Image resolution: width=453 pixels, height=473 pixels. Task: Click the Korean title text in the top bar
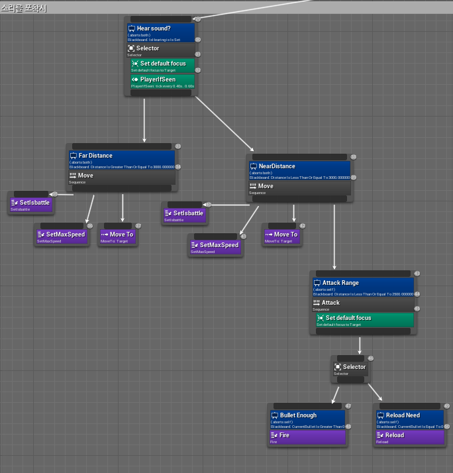coord(24,7)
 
